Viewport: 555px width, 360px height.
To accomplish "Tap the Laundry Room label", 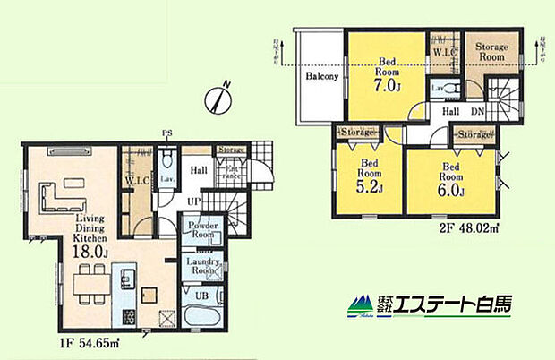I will (202, 266).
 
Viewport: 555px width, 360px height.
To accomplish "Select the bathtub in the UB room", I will (205, 317).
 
